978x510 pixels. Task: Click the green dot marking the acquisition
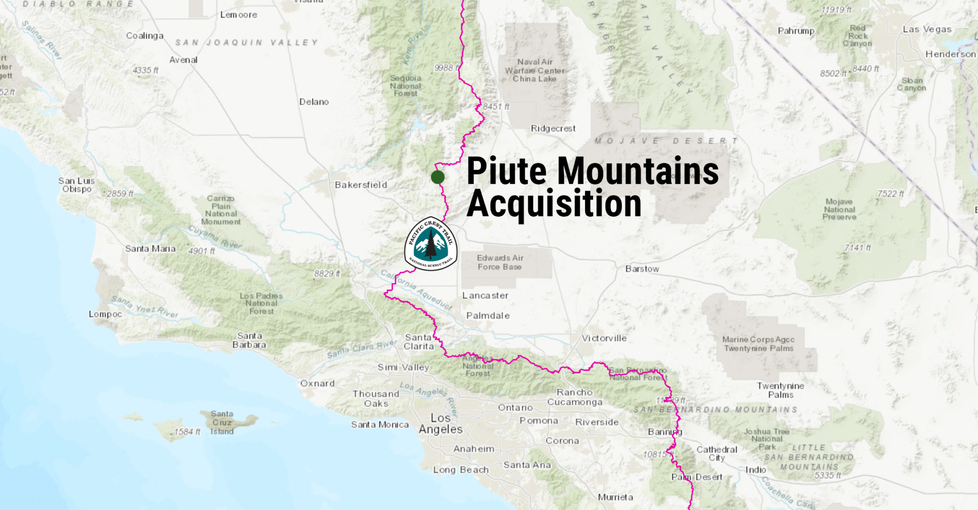(437, 177)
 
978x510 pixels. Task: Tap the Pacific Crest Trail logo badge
(431, 244)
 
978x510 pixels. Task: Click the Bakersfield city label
(361, 185)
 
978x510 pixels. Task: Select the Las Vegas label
(927, 29)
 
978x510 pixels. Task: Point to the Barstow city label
(642, 269)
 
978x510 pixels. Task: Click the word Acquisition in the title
(554, 204)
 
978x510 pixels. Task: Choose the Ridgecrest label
(553, 128)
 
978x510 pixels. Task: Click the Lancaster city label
(485, 296)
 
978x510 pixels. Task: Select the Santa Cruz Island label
(222, 423)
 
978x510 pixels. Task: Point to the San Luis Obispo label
(76, 185)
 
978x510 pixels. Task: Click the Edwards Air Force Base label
(500, 262)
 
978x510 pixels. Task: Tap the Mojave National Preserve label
(839, 209)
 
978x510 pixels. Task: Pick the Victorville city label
(604, 338)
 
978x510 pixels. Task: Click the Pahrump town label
(796, 31)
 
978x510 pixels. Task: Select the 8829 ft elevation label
(327, 274)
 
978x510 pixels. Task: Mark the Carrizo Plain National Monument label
(221, 210)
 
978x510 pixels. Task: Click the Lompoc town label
(105, 314)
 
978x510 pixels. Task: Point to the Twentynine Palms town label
(780, 390)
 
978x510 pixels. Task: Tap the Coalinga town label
(145, 36)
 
